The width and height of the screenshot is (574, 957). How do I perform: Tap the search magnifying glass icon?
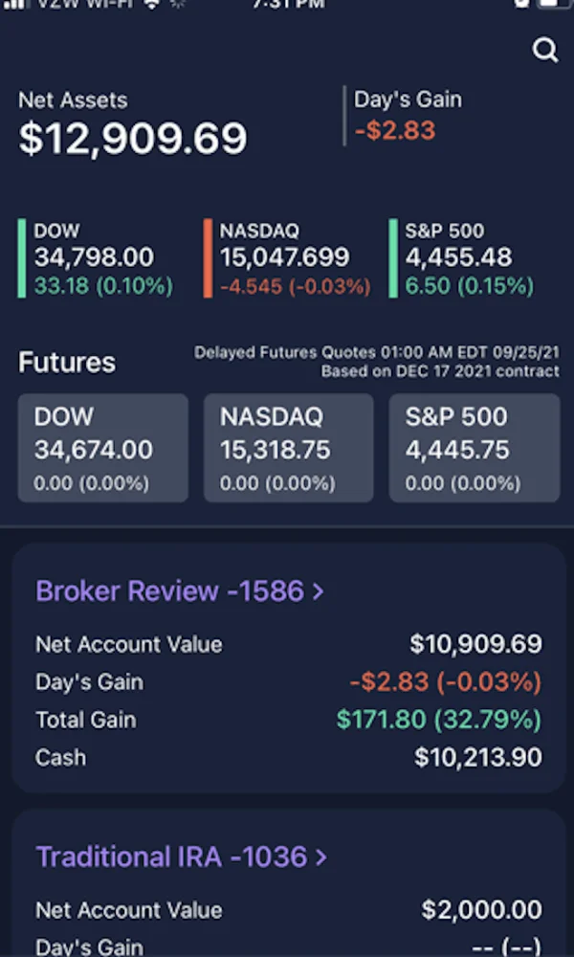[545, 51]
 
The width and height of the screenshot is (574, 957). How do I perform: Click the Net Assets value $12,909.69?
[133, 139]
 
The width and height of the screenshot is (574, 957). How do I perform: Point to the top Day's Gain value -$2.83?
[395, 130]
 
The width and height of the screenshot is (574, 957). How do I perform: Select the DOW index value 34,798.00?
[94, 256]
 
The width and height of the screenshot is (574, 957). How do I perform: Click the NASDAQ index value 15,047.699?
[284, 256]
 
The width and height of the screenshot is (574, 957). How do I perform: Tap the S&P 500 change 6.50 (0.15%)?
[469, 285]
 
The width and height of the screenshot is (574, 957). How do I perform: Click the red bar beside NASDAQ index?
[208, 258]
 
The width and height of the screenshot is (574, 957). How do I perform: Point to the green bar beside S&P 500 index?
[393, 258]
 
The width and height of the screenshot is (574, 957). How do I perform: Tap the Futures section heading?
[67, 363]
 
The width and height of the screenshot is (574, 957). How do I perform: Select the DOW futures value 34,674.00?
[94, 450]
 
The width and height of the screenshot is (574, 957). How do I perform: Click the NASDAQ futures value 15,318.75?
[276, 450]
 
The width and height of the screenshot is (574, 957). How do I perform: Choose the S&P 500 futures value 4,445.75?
[456, 450]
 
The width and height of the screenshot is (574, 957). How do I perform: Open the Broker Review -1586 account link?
[180, 591]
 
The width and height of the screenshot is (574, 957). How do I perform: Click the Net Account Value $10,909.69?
[475, 644]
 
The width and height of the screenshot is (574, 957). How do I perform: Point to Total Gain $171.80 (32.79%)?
[439, 720]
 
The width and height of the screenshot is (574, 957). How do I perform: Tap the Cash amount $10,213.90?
[477, 758]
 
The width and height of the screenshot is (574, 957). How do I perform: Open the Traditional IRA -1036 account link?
[182, 857]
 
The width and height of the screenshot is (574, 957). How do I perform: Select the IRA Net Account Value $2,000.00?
[481, 910]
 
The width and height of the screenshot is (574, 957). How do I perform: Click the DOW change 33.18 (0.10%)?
[103, 285]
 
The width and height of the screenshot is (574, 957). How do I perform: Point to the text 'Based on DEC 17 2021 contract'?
[440, 371]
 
